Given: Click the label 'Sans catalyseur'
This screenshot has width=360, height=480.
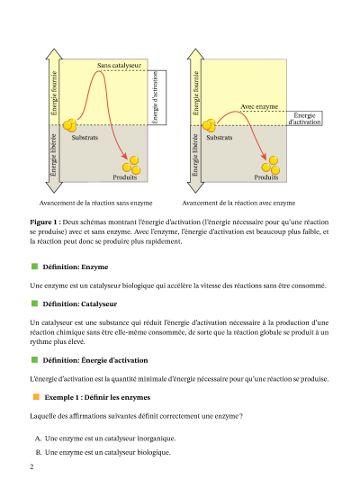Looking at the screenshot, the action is point(119,65).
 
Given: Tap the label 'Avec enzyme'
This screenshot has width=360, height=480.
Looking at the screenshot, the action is point(259,106).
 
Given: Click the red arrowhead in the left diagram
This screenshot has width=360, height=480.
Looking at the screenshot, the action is point(124,156).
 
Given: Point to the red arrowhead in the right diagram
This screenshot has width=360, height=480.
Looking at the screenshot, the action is point(264,156).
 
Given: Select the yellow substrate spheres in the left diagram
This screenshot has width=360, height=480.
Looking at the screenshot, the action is point(69,125).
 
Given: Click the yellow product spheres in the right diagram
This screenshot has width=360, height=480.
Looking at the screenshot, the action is point(271,166).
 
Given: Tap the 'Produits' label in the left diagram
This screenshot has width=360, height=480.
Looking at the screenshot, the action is point(125,177).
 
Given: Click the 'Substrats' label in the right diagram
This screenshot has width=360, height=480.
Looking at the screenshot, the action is point(220,138).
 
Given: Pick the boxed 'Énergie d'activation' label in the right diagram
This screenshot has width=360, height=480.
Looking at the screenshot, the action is point(304,119).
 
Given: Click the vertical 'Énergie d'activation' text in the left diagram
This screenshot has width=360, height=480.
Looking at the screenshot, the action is point(155,97).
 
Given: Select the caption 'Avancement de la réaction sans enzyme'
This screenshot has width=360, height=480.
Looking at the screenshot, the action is point(95,203).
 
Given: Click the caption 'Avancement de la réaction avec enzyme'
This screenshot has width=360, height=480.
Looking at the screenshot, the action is point(238,203).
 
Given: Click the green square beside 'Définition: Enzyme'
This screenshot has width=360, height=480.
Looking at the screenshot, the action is point(34,267).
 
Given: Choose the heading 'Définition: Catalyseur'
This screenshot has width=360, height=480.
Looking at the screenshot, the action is point(80,304).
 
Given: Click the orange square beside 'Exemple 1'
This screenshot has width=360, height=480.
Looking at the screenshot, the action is point(36,397).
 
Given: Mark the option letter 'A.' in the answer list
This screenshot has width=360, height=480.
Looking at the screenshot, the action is point(38,439).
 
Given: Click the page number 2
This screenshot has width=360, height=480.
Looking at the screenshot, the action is point(31,466).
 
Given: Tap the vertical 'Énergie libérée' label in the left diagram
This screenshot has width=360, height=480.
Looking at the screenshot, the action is point(53,155).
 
